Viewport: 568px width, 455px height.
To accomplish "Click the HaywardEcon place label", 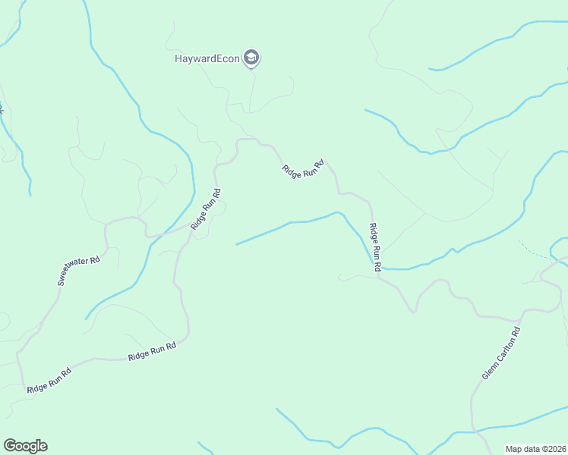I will click(x=207, y=58).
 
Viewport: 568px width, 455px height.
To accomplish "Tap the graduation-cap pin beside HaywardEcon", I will click(x=252, y=58).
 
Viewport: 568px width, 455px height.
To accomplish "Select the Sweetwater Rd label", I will click(x=79, y=271).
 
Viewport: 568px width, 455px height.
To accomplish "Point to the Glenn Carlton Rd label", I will click(x=502, y=353).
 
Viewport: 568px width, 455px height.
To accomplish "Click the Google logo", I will click(x=25, y=446).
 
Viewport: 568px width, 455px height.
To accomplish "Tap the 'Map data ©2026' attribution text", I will click(x=535, y=449).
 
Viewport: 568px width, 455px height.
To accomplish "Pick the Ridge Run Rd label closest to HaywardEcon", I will click(x=303, y=168).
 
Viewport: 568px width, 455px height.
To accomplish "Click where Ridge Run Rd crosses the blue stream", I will click(x=376, y=266).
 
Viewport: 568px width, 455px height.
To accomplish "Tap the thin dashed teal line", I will click(x=535, y=251).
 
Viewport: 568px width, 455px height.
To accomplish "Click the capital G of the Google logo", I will click(x=10, y=446).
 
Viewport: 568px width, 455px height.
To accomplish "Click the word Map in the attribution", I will click(x=514, y=449).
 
